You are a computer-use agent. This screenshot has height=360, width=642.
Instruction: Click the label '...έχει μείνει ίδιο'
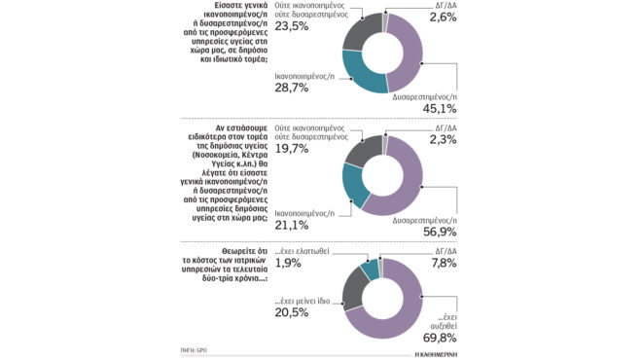(305, 300)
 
